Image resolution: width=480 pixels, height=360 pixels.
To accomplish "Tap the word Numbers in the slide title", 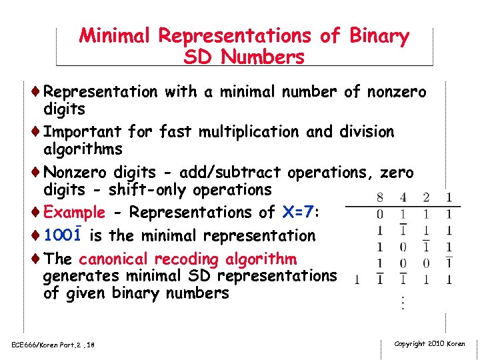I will (x=263, y=57).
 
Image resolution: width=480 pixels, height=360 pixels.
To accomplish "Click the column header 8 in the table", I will (x=380, y=198).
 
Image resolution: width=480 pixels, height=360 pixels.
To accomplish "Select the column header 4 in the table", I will (x=403, y=198).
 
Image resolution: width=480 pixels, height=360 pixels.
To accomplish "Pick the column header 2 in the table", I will (x=426, y=198).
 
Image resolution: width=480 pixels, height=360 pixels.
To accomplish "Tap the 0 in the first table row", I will (x=380, y=215).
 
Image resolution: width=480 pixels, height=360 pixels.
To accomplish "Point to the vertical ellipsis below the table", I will (x=403, y=301).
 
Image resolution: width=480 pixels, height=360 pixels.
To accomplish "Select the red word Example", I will (x=74, y=213).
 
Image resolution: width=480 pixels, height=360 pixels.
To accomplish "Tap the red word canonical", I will (x=115, y=259).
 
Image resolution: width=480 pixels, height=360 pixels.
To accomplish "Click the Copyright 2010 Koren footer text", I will (x=429, y=343).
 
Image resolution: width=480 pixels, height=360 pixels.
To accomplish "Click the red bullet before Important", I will (x=37, y=132).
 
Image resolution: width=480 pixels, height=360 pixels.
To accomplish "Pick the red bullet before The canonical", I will (x=37, y=259).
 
